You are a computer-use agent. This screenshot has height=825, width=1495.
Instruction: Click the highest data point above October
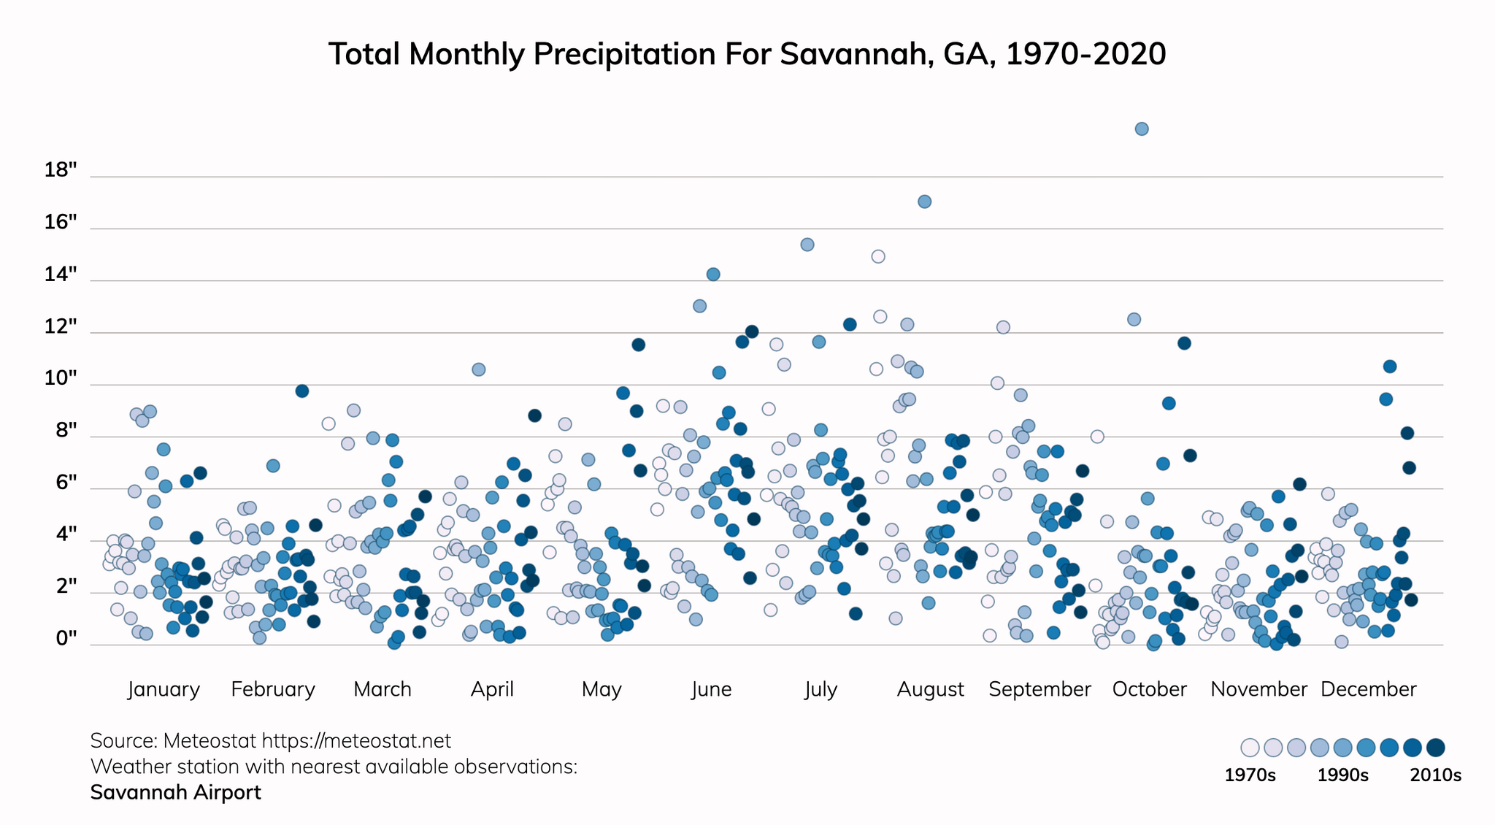1142,129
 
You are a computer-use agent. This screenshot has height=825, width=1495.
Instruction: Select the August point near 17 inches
924,202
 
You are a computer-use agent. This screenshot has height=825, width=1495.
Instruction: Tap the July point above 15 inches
807,245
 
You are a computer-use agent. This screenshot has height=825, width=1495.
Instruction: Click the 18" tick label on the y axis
61,171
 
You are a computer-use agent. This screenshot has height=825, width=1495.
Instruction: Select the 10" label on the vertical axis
61,379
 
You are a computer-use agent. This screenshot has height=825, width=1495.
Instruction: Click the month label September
1039,689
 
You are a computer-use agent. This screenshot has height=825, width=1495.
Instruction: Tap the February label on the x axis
273,689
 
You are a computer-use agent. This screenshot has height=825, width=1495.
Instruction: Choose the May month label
602,689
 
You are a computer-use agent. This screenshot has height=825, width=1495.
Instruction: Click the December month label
1368,689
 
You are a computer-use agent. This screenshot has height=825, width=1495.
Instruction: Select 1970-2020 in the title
1085,55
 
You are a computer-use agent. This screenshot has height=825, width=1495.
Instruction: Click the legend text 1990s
1342,775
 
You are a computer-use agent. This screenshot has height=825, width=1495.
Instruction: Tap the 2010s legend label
1435,775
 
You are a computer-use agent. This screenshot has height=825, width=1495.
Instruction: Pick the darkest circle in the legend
1436,748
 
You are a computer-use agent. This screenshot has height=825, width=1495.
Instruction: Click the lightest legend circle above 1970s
1250,748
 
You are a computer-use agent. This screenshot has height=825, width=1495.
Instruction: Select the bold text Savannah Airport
175,792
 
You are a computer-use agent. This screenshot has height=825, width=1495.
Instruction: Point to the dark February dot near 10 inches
302,391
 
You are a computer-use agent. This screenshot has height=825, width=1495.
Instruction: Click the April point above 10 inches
479,369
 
